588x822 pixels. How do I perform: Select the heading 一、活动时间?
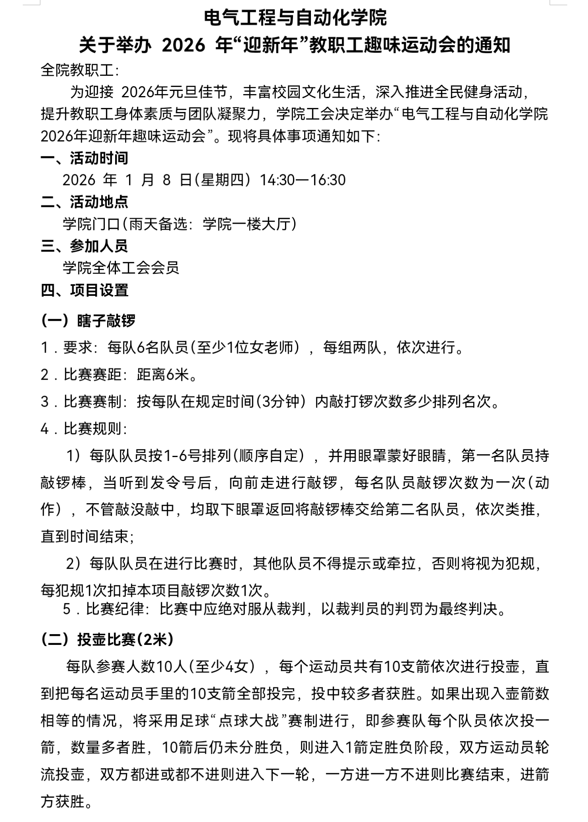(x=85, y=158)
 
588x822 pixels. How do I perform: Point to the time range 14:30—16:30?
(x=303, y=180)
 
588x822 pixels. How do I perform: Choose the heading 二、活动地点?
(x=85, y=202)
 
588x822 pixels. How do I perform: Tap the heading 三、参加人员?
(x=85, y=246)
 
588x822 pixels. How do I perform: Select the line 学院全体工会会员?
(x=121, y=268)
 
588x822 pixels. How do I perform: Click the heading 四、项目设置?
(x=85, y=290)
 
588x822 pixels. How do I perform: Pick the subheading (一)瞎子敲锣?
(x=88, y=320)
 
